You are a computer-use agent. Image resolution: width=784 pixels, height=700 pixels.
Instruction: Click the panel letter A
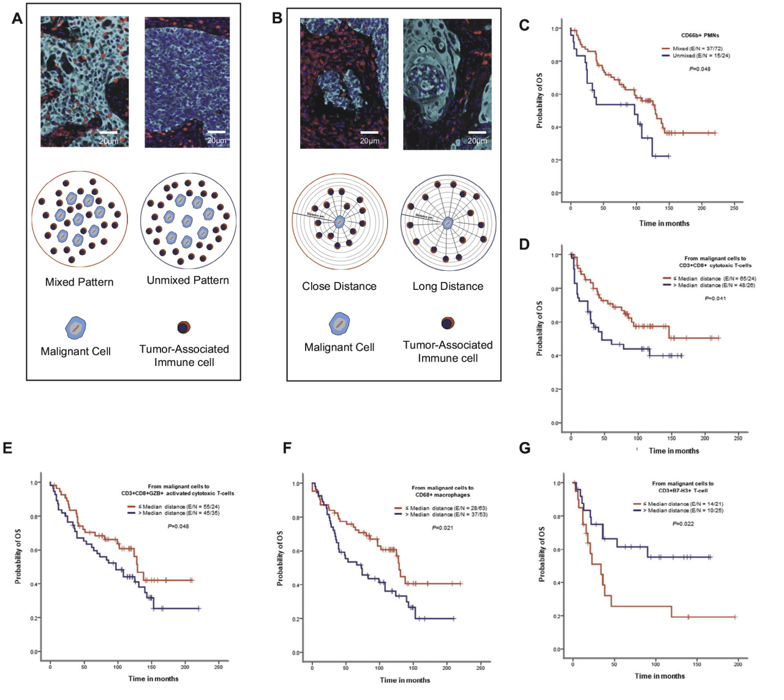click(17, 18)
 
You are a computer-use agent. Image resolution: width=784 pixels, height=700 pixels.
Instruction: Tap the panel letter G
click(525, 448)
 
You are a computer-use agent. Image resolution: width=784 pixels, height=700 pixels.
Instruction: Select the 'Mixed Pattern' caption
click(79, 282)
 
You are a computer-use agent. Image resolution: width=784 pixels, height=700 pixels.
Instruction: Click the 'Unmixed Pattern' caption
click(187, 280)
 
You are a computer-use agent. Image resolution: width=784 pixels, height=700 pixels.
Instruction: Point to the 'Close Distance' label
click(339, 286)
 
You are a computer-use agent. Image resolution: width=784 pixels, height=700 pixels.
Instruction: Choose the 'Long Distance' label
click(448, 286)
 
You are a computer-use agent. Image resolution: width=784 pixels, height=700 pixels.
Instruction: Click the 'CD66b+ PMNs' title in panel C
click(700, 36)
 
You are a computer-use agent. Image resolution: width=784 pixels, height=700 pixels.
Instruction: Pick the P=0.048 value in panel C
click(699, 69)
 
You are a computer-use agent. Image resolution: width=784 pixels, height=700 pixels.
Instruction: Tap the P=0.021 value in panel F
click(442, 528)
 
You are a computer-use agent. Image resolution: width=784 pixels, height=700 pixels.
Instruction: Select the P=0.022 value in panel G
click(683, 524)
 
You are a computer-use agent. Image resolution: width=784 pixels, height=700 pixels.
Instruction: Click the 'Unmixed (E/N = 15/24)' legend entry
click(696, 56)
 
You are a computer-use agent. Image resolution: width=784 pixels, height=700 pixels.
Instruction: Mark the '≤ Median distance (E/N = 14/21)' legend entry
click(678, 504)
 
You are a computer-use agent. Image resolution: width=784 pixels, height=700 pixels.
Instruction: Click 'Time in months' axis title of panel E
click(153, 679)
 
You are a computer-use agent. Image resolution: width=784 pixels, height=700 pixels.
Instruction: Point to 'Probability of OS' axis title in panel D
click(540, 328)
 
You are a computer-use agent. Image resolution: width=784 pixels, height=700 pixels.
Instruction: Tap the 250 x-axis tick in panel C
click(734, 208)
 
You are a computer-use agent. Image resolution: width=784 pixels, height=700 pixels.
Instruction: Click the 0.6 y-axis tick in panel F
click(297, 551)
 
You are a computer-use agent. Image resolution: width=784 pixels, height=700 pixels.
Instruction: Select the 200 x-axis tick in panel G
click(738, 664)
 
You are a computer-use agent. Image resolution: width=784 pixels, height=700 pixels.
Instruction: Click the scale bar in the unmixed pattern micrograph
click(216, 132)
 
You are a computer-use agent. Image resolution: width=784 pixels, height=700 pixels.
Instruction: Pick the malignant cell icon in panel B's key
click(339, 324)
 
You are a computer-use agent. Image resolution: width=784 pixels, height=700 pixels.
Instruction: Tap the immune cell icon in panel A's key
click(184, 327)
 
